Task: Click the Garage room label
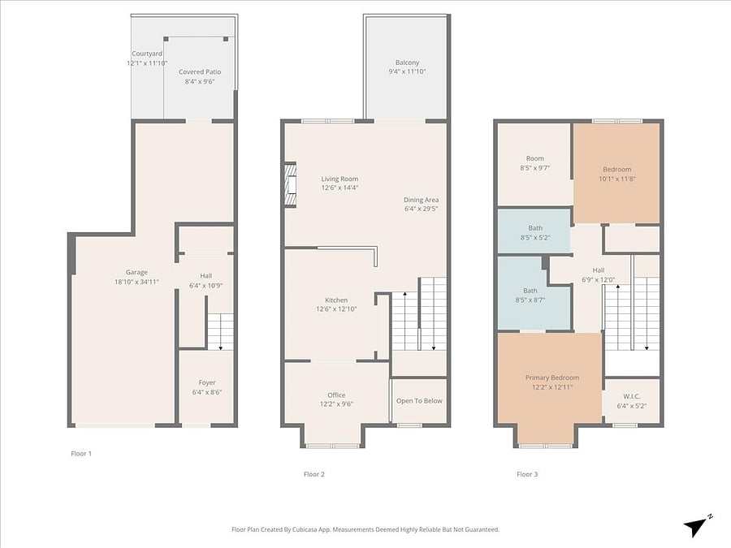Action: pyautogui.click(x=136, y=272)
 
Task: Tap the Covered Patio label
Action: pyautogui.click(x=200, y=71)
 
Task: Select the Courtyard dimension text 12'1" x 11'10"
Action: pyautogui.click(x=147, y=63)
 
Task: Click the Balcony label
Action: pyautogui.click(x=408, y=63)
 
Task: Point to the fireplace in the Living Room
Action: pyautogui.click(x=291, y=184)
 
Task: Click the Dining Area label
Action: pyautogui.click(x=421, y=200)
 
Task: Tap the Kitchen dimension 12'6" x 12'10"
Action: pyautogui.click(x=336, y=309)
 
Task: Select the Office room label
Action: pyautogui.click(x=336, y=395)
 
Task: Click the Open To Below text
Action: pyautogui.click(x=419, y=401)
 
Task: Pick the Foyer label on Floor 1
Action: pyautogui.click(x=207, y=382)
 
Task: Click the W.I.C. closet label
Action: pyautogui.click(x=632, y=396)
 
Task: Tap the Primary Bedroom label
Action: pyautogui.click(x=552, y=378)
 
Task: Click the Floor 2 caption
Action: pyautogui.click(x=314, y=474)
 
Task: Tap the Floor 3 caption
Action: pyautogui.click(x=527, y=474)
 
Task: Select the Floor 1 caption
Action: pyautogui.click(x=81, y=453)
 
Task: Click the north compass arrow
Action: pyautogui.click(x=695, y=527)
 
